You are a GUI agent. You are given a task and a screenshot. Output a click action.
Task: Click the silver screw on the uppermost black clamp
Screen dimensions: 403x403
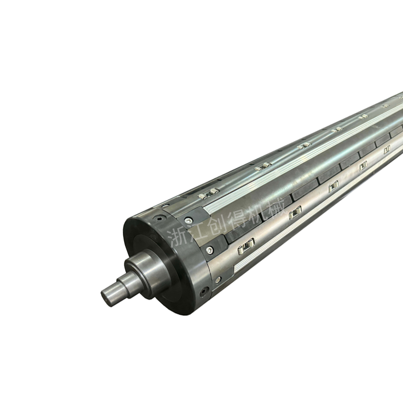point(190,220)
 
